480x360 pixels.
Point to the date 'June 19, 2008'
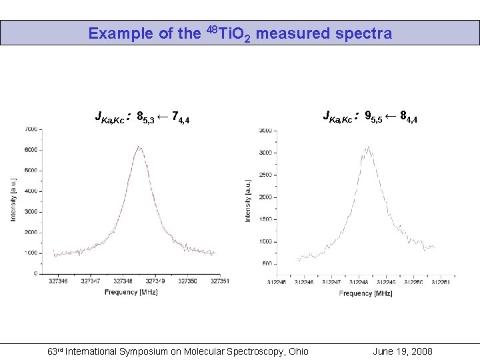[x=403, y=351]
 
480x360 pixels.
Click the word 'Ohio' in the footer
[x=297, y=351]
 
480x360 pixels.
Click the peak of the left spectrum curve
[x=138, y=147]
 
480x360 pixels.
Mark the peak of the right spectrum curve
[x=367, y=147]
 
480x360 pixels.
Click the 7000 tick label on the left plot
[x=31, y=129]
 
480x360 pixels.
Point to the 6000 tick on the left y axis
[x=31, y=150]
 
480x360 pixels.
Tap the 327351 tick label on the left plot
[x=220, y=281]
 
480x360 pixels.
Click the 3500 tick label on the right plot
[x=265, y=131]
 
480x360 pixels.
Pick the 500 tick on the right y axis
[x=267, y=264]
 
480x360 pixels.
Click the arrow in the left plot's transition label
[x=163, y=118]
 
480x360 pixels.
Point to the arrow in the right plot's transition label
[x=390, y=117]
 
